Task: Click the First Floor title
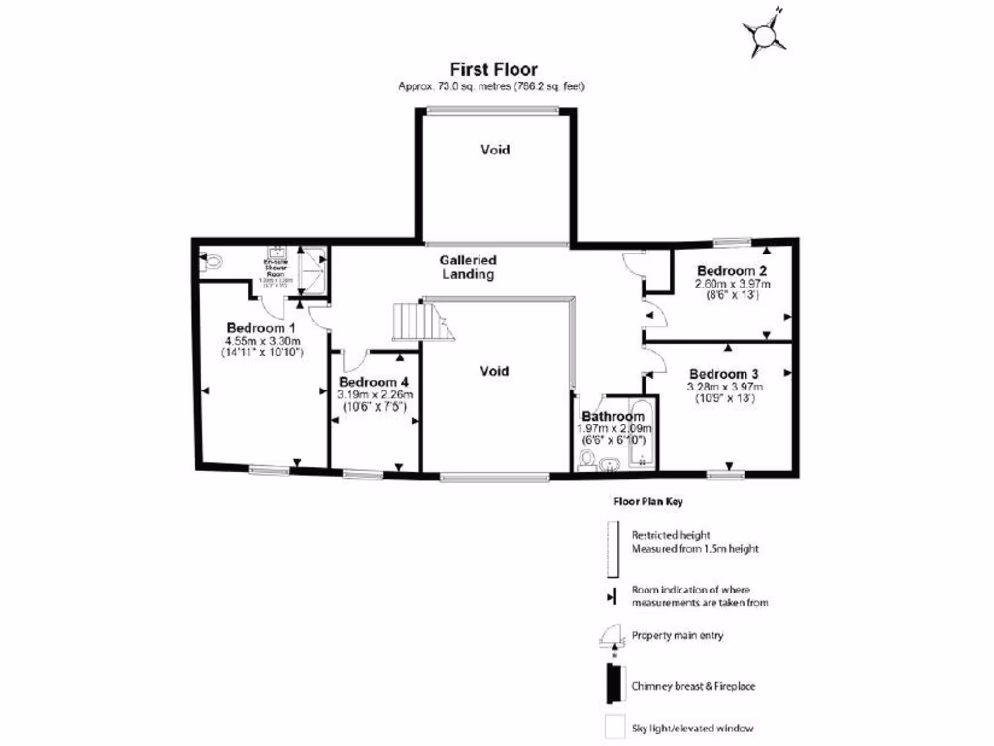(x=492, y=69)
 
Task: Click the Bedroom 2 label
(x=732, y=270)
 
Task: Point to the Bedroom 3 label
(x=723, y=373)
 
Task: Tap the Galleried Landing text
(x=467, y=267)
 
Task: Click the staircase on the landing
(x=423, y=321)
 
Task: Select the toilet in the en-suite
(x=213, y=260)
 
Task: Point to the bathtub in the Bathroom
(x=640, y=432)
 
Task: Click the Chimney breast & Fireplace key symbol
(x=612, y=686)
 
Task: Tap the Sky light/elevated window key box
(x=612, y=727)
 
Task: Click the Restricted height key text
(x=671, y=535)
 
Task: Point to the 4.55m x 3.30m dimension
(x=263, y=341)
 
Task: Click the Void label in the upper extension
(x=495, y=150)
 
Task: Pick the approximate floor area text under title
(x=492, y=86)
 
